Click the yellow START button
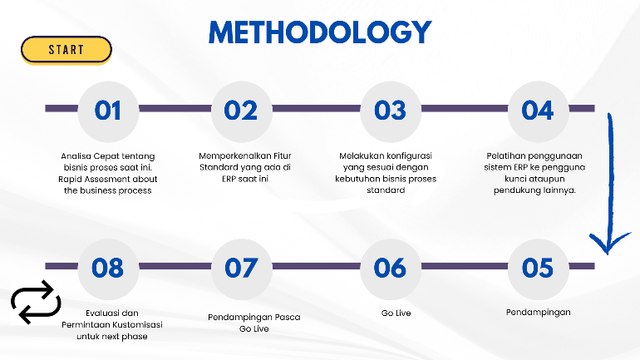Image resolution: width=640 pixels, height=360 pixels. point(66,50)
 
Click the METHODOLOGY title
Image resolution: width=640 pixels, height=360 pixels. point(320,32)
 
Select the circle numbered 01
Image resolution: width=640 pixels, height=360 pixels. point(108,110)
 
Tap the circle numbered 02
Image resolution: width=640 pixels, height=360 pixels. point(241,110)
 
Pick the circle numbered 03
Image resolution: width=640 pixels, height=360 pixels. point(390,110)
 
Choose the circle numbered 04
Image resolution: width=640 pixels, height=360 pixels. point(537,110)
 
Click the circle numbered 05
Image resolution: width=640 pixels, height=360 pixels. point(537,268)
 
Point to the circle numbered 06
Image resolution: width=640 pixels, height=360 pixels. point(390,268)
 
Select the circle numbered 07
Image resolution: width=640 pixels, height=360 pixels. point(241,268)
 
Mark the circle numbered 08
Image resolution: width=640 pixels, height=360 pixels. point(108,268)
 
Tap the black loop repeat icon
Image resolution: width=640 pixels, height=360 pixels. point(36,303)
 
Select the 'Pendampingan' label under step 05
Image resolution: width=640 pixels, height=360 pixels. point(538,313)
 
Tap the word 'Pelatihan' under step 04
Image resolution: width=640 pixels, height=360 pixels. point(507,155)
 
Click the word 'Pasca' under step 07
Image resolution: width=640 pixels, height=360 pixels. point(287,317)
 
